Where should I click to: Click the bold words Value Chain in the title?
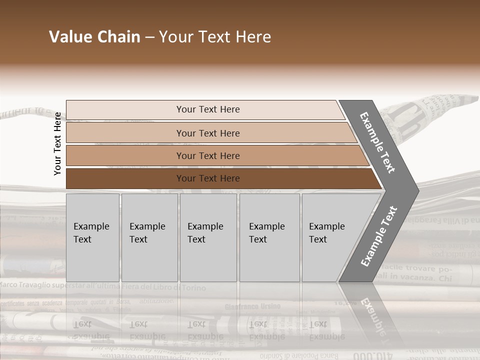pyautogui.click(x=94, y=37)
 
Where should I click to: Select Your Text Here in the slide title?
pyautogui.click(x=215, y=37)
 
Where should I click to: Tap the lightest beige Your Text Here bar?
pyautogui.click(x=207, y=109)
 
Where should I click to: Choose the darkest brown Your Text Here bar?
pyautogui.click(x=207, y=178)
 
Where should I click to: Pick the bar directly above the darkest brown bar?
pyautogui.click(x=207, y=156)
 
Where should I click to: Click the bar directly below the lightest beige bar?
pyautogui.click(x=207, y=133)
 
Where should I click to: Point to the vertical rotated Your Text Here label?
pyautogui.click(x=57, y=143)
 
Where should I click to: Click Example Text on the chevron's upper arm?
pyautogui.click(x=378, y=142)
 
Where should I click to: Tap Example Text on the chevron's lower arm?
pyautogui.click(x=379, y=236)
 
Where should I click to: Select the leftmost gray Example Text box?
pyautogui.click(x=92, y=237)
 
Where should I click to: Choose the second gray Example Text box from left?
pyautogui.click(x=149, y=237)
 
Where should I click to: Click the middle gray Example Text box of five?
pyautogui.click(x=208, y=237)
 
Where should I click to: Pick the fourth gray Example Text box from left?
pyautogui.click(x=269, y=237)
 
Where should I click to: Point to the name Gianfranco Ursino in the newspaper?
pyautogui.click(x=252, y=306)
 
